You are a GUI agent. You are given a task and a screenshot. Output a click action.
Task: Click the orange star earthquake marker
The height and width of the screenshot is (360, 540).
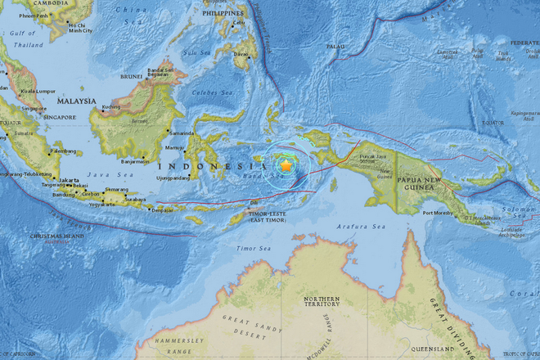tap(286, 165)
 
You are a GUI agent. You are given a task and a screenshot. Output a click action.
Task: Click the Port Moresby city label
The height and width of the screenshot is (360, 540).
tap(438, 214)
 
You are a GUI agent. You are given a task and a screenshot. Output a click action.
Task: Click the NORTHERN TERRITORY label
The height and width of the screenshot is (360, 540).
tap(321, 304)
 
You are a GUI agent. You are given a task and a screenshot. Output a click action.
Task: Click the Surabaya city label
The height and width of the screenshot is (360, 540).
tap(134, 198)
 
